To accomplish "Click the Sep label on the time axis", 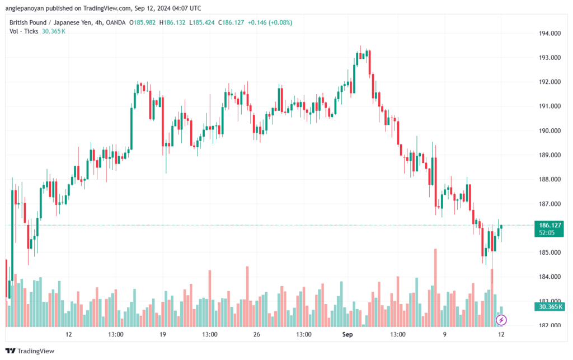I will tap(347, 335).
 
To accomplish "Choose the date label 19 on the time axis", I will tap(163, 335).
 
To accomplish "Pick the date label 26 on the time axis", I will tap(257, 335).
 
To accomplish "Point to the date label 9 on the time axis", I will tap(445, 335).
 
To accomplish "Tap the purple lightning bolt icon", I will tap(501, 320).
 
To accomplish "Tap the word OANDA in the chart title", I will tap(114, 22).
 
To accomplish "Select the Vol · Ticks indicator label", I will tap(24, 31).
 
